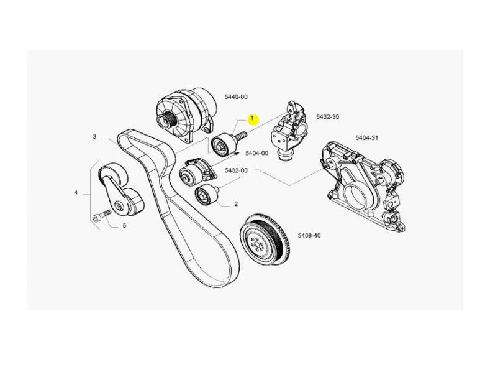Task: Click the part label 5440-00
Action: coord(236,97)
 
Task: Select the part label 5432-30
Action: coord(327,117)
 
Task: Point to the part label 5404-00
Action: coord(256,153)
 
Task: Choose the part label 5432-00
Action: coord(236,170)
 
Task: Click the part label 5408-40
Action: coord(309,236)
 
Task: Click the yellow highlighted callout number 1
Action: coord(253,118)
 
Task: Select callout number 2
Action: coord(236,204)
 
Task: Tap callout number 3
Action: coord(95,136)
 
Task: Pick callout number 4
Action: coord(76,193)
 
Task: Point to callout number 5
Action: coord(124,225)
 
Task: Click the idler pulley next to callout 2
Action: coord(205,196)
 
